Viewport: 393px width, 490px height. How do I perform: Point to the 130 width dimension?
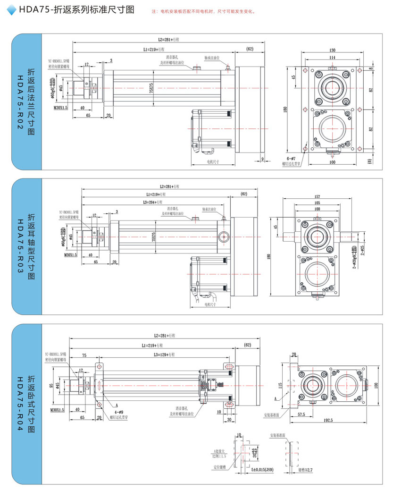[332, 50]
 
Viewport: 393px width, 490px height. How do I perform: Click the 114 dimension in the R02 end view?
[332, 57]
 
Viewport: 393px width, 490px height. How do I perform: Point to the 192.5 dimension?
[328, 420]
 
